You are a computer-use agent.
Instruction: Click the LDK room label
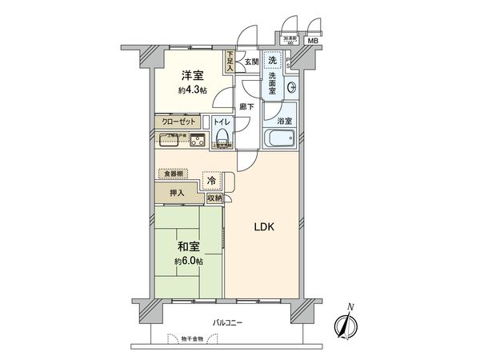click(265, 227)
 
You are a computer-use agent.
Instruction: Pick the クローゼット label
click(178, 123)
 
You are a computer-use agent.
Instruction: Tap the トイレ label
click(222, 123)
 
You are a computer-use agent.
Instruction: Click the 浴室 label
click(284, 121)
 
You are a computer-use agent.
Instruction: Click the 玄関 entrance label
click(250, 62)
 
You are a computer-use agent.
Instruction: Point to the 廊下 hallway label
click(247, 106)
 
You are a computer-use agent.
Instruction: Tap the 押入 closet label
click(177, 193)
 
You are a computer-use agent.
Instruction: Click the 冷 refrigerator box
click(211, 181)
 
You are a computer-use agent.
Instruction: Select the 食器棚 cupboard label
click(174, 173)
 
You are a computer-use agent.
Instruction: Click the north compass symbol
click(346, 323)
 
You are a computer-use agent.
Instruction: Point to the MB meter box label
click(313, 42)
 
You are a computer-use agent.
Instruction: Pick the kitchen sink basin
click(196, 142)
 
